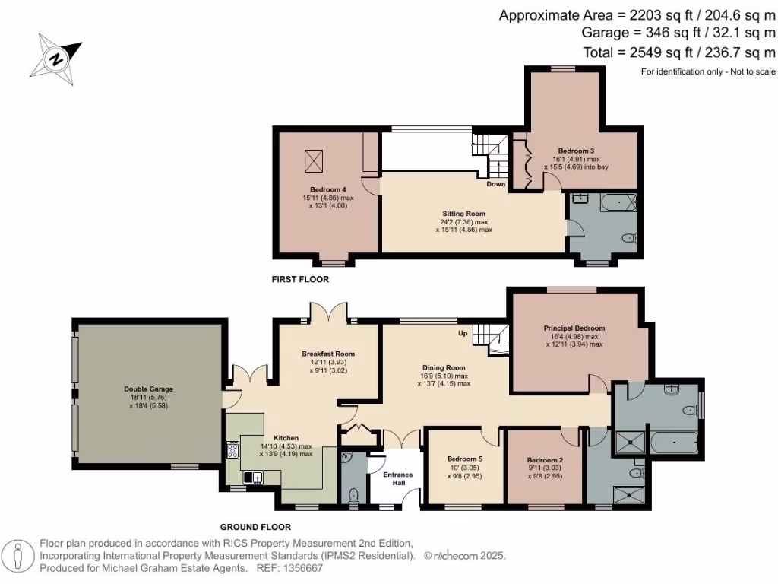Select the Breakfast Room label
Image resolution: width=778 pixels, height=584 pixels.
(328, 354)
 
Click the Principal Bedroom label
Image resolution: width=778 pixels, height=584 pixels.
(574, 328)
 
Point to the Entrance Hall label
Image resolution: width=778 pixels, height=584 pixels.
(397, 478)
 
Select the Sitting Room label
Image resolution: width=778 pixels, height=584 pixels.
(463, 214)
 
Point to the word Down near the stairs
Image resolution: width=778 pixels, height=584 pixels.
(496, 184)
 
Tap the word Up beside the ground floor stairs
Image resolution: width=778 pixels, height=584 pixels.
(462, 334)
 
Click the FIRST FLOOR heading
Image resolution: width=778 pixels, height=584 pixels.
(300, 280)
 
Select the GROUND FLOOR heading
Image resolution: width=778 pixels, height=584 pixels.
(255, 527)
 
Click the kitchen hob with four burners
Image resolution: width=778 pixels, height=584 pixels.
(232, 450)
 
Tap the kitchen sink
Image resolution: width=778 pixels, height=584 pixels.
(251, 478)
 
